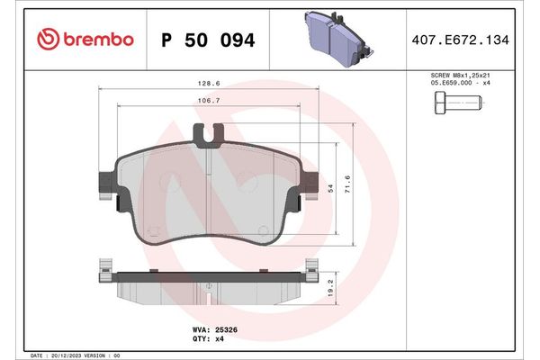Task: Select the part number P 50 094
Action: pos(207,40)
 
